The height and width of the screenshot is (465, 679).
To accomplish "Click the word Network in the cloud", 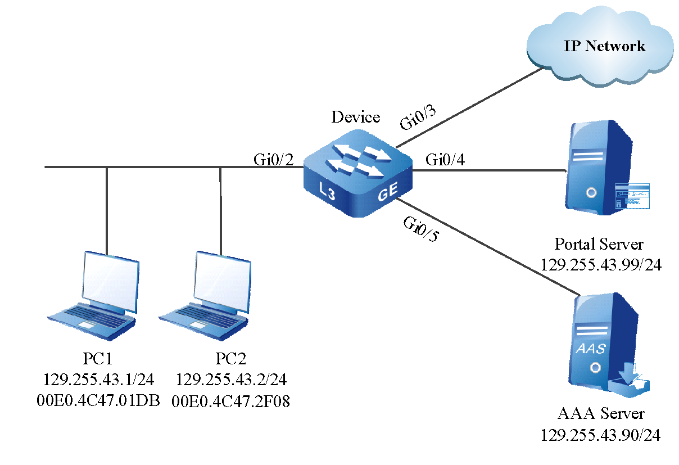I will [x=615, y=46].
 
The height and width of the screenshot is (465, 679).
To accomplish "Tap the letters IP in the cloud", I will [x=572, y=46].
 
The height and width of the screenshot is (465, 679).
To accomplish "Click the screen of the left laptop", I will [x=111, y=283].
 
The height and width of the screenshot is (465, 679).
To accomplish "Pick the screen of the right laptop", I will [x=222, y=283].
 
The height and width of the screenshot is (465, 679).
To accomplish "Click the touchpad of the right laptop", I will [x=198, y=326].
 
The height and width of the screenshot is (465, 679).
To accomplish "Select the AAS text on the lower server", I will [x=591, y=349].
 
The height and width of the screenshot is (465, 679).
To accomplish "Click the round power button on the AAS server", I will [x=595, y=368].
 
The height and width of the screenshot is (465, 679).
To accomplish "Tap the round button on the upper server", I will [x=591, y=193].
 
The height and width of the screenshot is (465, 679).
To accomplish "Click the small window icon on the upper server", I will [x=631, y=196].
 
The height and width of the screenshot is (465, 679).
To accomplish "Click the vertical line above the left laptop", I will [x=107, y=208].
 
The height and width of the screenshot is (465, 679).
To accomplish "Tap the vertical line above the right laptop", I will [x=220, y=208].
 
